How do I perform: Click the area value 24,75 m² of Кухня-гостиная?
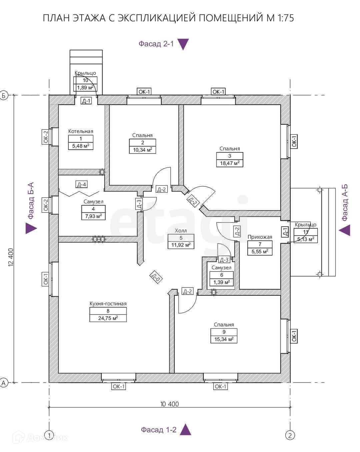pyautogui.click(x=108, y=318)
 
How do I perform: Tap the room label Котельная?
pyautogui.click(x=81, y=131)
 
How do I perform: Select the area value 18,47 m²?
pyautogui.click(x=230, y=163)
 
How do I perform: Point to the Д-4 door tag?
pyautogui.click(x=82, y=184)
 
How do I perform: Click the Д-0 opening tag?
pyautogui.click(x=156, y=277)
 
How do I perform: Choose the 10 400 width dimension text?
pyautogui.click(x=169, y=404)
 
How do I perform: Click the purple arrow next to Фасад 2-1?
pyautogui.click(x=183, y=44)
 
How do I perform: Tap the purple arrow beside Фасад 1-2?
pyautogui.click(x=186, y=430)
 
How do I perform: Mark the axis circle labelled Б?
pyautogui.click(x=4, y=95)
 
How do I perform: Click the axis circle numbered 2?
pyautogui.click(x=290, y=435)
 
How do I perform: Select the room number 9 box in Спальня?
pyautogui.click(x=224, y=332)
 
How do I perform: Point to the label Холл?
pyautogui.click(x=181, y=231)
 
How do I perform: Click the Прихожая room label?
pyautogui.click(x=260, y=237)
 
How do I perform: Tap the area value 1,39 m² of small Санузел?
pyautogui.click(x=222, y=282)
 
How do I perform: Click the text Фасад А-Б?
pyautogui.click(x=345, y=202)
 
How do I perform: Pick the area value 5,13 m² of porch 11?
pyautogui.click(x=306, y=239)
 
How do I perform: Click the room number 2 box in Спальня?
pyautogui.click(x=142, y=143)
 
